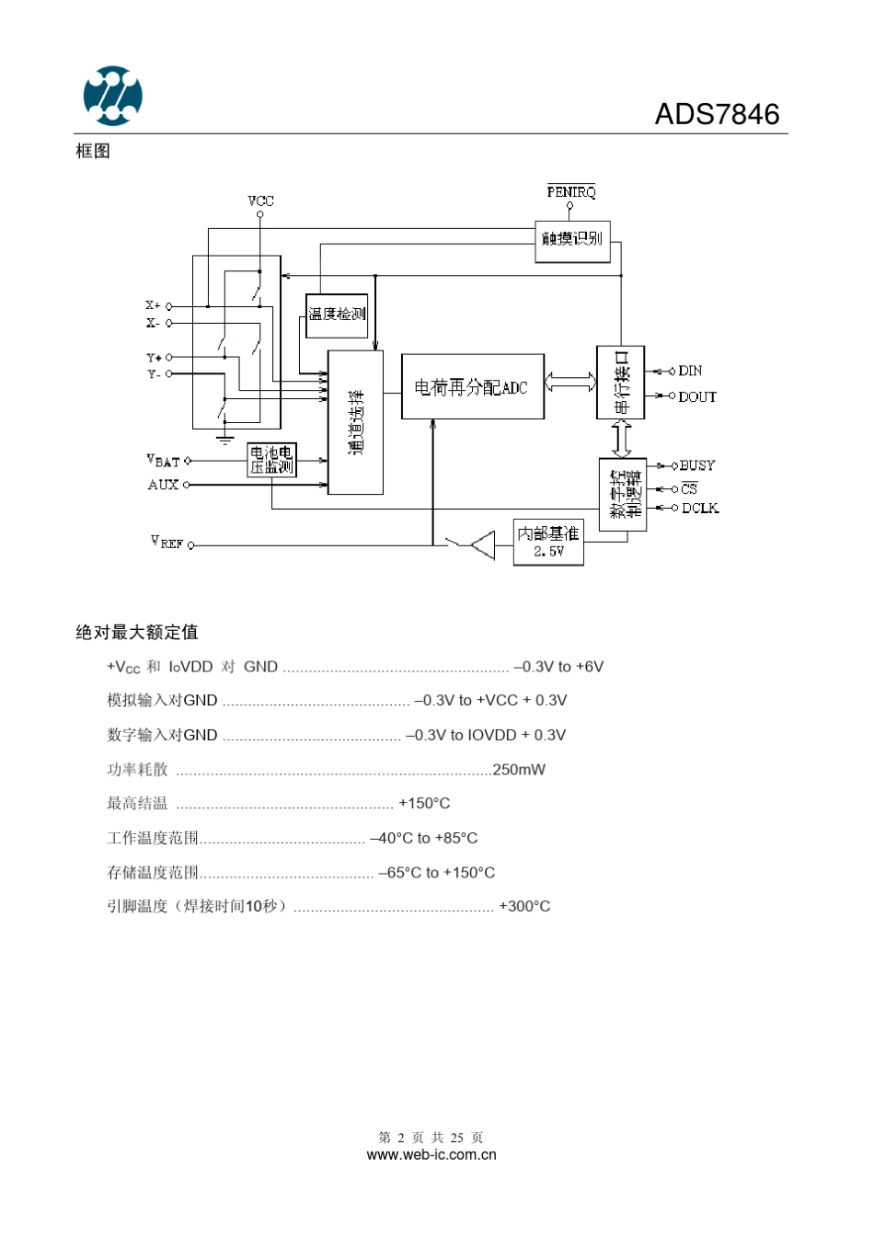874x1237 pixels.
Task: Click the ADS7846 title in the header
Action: [x=717, y=115]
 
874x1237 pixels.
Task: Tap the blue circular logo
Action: [x=113, y=96]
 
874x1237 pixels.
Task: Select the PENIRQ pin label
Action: [x=571, y=191]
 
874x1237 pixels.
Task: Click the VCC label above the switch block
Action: [x=260, y=200]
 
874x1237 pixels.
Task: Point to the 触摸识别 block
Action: [x=572, y=239]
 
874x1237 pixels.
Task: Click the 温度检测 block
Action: [x=337, y=315]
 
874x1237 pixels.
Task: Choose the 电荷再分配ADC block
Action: [x=472, y=387]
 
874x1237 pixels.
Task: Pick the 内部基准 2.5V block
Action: [x=548, y=542]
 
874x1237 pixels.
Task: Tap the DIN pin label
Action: [x=690, y=371]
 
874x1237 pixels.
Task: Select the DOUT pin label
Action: [x=697, y=396]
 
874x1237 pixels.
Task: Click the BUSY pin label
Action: [x=696, y=465]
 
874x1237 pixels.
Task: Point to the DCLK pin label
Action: [x=699, y=508]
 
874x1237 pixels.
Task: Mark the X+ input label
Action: [x=153, y=305]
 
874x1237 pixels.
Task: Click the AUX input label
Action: [x=163, y=485]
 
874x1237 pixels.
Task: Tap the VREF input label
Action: [x=167, y=543]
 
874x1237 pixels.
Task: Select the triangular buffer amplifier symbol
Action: [x=484, y=545]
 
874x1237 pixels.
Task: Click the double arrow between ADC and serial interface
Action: [x=570, y=382]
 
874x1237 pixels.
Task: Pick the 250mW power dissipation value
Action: [x=519, y=770]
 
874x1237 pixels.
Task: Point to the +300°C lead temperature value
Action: [x=524, y=907]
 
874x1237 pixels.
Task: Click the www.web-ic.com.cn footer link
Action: [x=431, y=1155]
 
